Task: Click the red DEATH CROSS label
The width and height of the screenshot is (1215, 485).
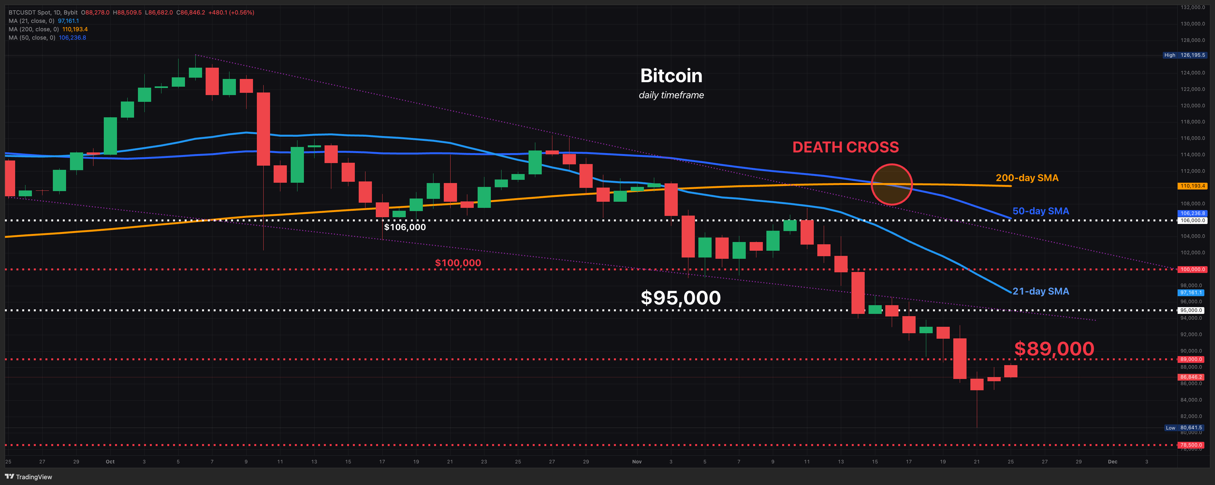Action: (845, 147)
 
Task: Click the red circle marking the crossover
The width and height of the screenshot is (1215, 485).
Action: (891, 184)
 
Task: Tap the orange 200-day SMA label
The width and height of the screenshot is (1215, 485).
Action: (1027, 178)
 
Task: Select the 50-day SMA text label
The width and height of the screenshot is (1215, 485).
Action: (1041, 211)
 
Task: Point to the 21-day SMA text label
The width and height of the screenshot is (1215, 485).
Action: (1041, 291)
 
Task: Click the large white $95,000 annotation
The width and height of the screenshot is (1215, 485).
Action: (680, 298)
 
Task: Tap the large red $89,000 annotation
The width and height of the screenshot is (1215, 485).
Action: (1054, 349)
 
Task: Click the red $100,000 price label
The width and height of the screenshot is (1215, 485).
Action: (458, 263)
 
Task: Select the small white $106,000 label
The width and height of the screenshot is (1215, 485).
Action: (405, 227)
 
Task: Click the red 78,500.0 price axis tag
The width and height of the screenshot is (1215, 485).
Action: (1192, 445)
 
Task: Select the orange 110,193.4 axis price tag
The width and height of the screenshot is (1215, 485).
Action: (1192, 186)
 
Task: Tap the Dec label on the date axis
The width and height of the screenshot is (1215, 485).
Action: (1112, 461)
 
